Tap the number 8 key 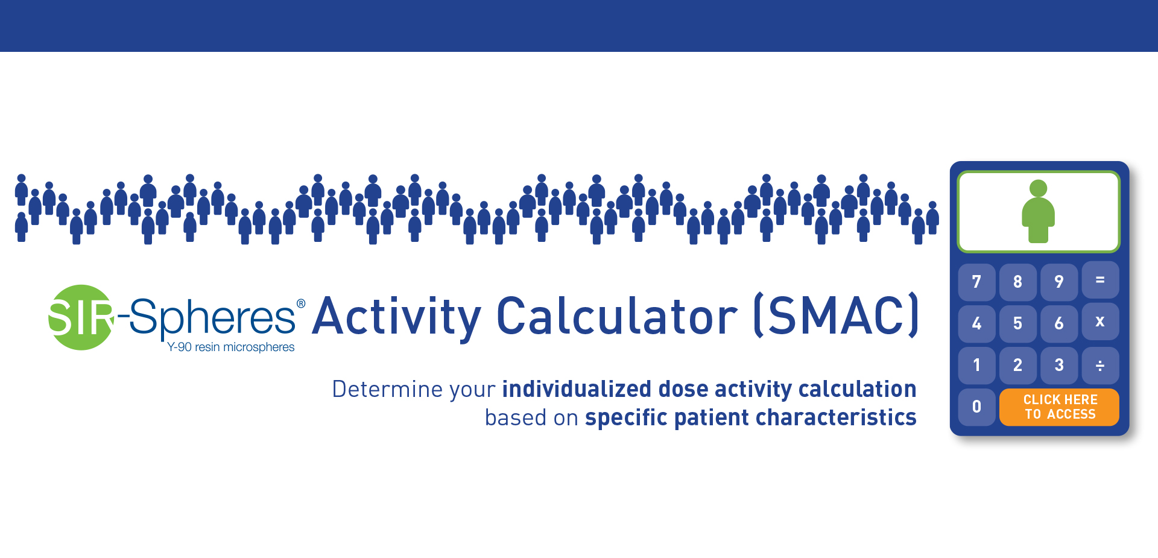click(1017, 282)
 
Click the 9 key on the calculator click(1059, 282)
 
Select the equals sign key click(1100, 280)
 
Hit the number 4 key click(976, 323)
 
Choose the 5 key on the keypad click(1017, 323)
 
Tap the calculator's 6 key click(1059, 323)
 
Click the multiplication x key click(1100, 322)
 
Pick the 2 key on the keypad click(1017, 365)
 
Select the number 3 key click(1059, 365)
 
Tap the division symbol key click(1100, 366)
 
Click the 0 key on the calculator click(976, 407)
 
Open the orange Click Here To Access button click(1059, 407)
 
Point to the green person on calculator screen click(1038, 211)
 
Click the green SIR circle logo click(81, 317)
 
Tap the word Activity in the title click(397, 317)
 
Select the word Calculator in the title click(616, 315)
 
